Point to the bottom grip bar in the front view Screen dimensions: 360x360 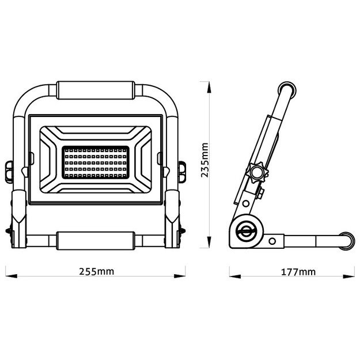click(x=97, y=238)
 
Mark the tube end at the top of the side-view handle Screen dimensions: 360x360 click(x=286, y=91)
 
